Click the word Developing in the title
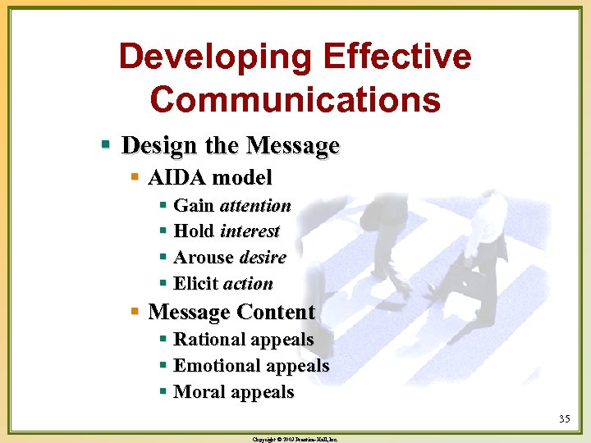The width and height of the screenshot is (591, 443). pos(216,57)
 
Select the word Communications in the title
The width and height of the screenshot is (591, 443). pos(295,99)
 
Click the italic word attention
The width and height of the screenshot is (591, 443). pos(255,205)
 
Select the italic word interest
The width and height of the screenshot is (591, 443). pos(250,231)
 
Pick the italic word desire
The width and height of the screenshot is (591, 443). pos(263,258)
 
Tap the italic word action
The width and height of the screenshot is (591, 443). pos(248,284)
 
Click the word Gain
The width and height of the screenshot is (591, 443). pos(194,205)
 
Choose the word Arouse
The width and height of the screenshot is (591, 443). pos(204,258)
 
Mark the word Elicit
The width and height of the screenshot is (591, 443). pos(196,284)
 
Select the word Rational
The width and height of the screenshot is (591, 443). pos(209,340)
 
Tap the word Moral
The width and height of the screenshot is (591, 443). pos(198,392)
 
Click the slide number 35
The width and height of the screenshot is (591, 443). pos(564,419)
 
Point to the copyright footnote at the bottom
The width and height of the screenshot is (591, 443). pos(295,439)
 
